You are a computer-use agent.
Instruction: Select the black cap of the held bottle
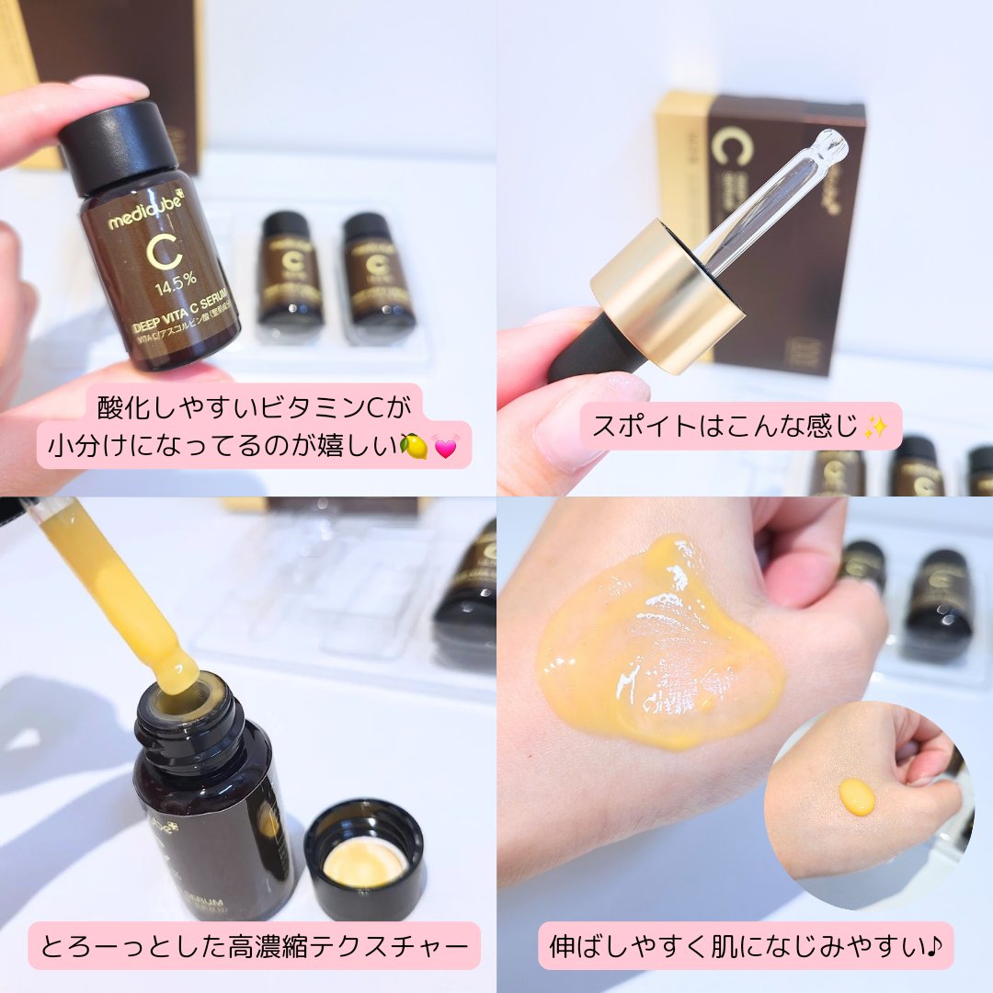(118, 147)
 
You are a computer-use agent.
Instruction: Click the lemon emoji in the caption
(414, 446)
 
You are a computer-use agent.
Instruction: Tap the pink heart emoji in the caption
(447, 447)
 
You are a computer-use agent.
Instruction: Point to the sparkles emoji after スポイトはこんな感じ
(874, 427)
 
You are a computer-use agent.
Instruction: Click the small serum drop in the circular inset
(856, 796)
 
